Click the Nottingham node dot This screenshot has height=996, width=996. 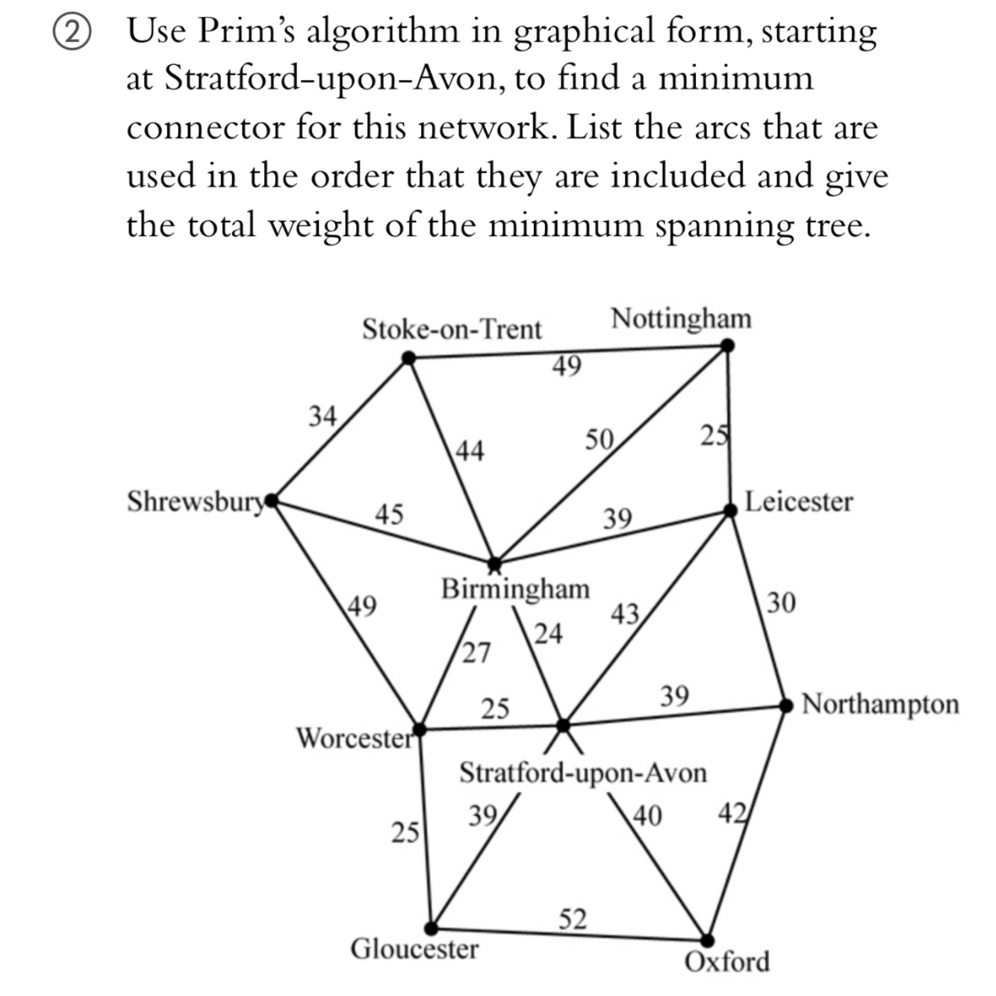tap(727, 346)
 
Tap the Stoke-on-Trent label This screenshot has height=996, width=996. tap(452, 329)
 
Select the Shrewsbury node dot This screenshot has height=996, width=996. tap(272, 499)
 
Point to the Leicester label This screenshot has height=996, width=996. tap(798, 501)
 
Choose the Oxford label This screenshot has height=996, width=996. tap(726, 962)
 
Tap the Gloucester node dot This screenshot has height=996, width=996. tap(431, 928)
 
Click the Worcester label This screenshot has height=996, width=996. tap(354, 738)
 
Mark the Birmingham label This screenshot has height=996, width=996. tap(515, 588)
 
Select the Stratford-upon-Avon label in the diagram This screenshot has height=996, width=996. tap(582, 772)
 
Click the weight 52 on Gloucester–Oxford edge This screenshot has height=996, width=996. tap(573, 919)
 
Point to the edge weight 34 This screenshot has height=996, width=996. tap(323, 415)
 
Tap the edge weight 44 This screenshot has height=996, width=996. tap(470, 450)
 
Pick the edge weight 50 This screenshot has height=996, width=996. tap(599, 440)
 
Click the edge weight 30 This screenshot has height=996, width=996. tap(781, 602)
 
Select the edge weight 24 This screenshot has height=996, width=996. tap(548, 633)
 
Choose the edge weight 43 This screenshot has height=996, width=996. tap(625, 614)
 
